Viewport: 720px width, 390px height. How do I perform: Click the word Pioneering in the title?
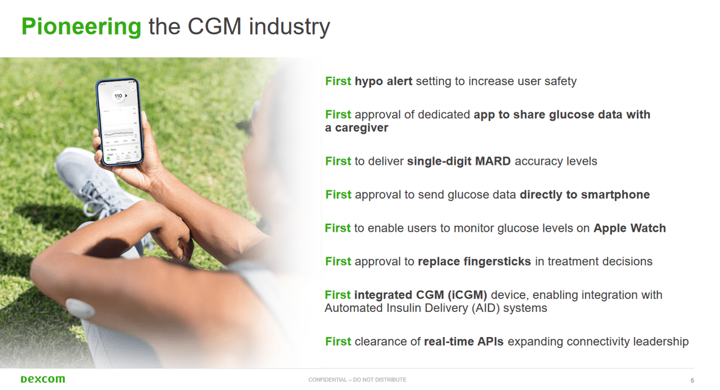tap(81, 26)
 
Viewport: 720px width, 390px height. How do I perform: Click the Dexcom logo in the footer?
tap(43, 379)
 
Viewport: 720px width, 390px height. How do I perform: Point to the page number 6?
tap(692, 380)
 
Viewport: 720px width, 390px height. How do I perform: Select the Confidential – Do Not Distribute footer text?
tap(357, 380)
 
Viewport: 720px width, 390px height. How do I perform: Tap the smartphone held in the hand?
tap(119, 123)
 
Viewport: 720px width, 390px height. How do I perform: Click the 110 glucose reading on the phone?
tap(118, 96)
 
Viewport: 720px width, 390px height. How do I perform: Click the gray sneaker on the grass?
tap(96, 180)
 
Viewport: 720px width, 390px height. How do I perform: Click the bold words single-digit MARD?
tap(458, 162)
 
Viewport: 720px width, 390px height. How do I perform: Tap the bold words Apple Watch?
tap(629, 228)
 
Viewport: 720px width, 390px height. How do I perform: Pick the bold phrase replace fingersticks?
tap(474, 261)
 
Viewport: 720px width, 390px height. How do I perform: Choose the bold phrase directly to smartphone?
tap(584, 195)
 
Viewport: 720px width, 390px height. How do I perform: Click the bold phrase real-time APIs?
tap(464, 342)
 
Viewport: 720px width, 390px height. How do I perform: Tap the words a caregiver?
tap(357, 128)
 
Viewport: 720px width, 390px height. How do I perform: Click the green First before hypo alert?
tap(338, 81)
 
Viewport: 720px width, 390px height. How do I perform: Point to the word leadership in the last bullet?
tap(660, 342)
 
